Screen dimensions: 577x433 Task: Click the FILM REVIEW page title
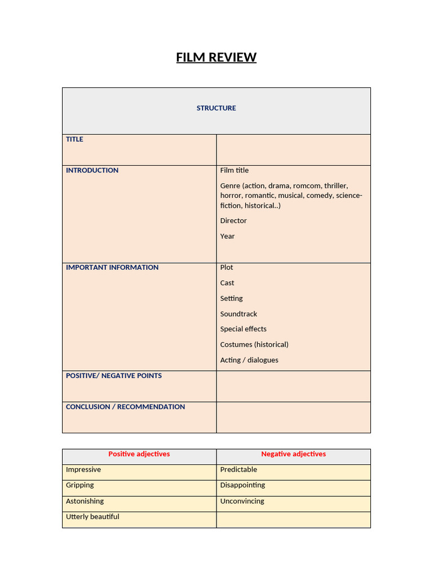coord(216,57)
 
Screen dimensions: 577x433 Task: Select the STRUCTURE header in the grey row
coord(216,108)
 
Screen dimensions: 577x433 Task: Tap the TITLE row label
coord(74,139)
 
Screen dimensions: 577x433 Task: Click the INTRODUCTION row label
coord(92,170)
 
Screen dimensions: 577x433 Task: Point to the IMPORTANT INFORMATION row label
coord(112,267)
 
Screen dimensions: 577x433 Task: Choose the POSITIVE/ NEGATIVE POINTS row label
coord(113,375)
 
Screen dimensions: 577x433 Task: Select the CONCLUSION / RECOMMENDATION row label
coord(125,406)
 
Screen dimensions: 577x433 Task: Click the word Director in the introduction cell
coord(233,220)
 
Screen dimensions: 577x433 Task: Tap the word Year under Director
coord(227,236)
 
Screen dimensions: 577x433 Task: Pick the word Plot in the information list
coord(227,267)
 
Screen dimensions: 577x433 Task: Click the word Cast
coord(227,283)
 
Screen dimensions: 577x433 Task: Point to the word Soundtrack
coord(238,314)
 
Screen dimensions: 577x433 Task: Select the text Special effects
coord(244,329)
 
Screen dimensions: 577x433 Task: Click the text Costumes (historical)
coord(254,344)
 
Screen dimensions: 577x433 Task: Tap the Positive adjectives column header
coord(139,454)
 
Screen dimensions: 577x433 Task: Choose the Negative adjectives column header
coord(293,454)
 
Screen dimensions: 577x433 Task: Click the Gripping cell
coord(80,485)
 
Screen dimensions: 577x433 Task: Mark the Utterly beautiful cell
coord(92,517)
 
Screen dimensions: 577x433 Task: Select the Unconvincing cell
coord(242,501)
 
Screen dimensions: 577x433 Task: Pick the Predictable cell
coord(238,469)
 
